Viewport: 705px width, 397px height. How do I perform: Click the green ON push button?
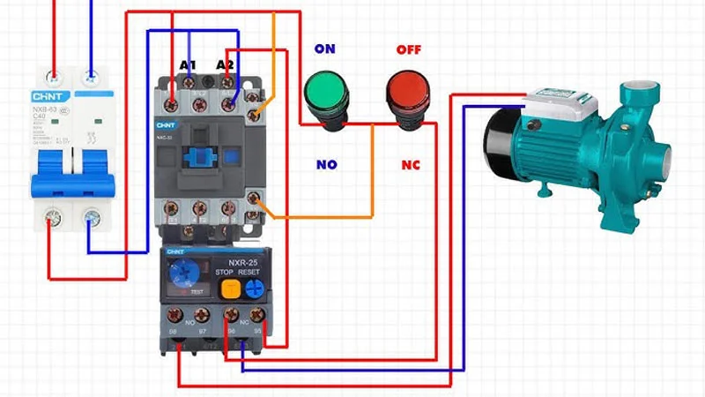click(325, 91)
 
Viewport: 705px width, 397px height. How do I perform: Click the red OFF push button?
click(408, 91)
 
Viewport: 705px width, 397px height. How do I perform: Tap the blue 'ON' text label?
click(325, 49)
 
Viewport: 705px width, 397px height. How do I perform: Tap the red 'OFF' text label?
click(409, 49)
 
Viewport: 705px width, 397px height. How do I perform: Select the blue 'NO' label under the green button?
click(325, 165)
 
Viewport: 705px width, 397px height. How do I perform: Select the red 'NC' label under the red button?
click(411, 165)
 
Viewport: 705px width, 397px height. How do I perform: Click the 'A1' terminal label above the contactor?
click(188, 64)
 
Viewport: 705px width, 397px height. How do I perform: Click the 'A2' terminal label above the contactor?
click(226, 64)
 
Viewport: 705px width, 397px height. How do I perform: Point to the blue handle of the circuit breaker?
click(72, 172)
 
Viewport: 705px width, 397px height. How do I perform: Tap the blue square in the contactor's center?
click(200, 157)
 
